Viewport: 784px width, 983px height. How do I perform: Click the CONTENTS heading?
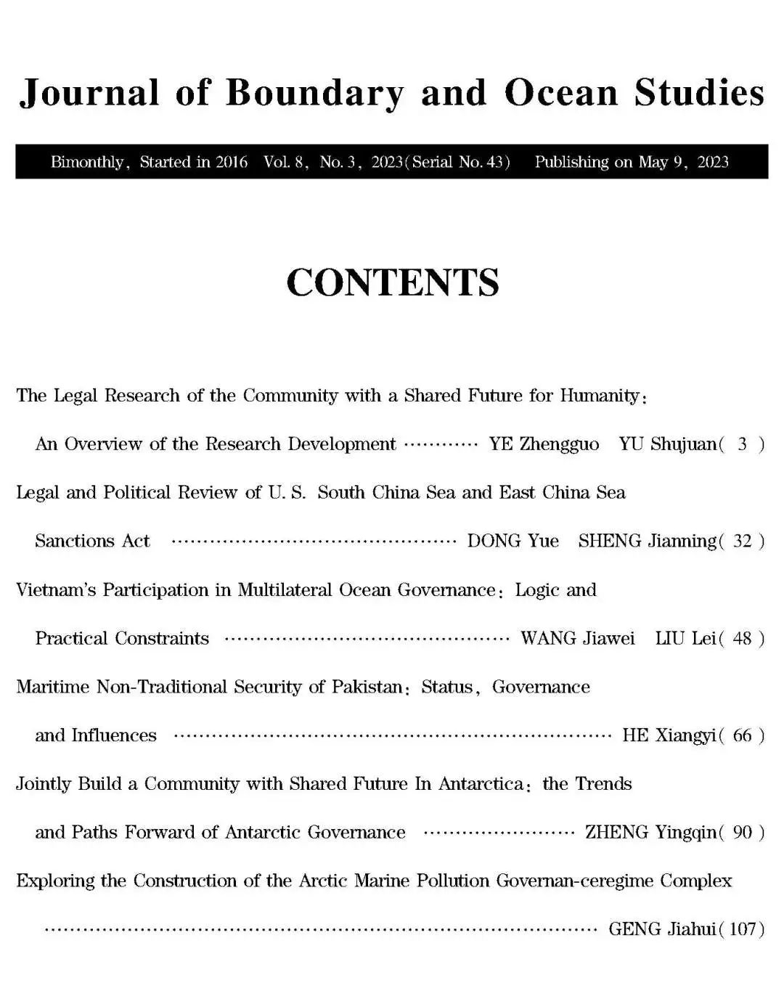(392, 282)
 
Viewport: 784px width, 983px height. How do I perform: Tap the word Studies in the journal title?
(699, 92)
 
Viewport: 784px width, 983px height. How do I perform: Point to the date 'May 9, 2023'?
(682, 162)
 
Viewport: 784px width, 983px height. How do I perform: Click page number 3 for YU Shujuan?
(742, 444)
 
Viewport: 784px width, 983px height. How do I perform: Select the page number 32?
(742, 542)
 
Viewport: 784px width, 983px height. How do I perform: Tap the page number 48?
(742, 639)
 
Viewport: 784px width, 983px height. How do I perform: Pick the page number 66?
(742, 735)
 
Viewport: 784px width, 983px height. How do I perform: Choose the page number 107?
(742, 929)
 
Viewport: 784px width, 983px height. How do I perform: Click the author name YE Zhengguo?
(544, 444)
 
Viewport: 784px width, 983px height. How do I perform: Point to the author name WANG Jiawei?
(577, 639)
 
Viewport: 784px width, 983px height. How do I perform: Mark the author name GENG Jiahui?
(661, 929)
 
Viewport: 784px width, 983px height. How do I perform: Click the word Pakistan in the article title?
(367, 687)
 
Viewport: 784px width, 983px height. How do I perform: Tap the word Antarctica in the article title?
(480, 784)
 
